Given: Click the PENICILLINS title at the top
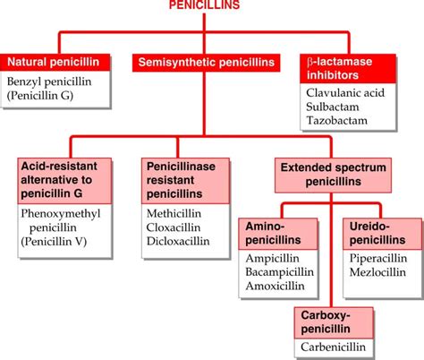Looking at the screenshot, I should coord(207,6).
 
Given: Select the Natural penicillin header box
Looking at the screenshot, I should coord(59,63).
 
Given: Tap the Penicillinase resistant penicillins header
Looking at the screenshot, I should coord(181,179).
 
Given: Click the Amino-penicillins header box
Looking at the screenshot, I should coord(276,236).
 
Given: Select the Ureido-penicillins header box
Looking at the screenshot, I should coord(381,236).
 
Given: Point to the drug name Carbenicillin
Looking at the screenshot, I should coord(335,347).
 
